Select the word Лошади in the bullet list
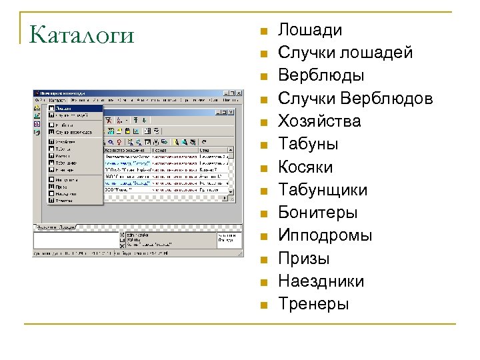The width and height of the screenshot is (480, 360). (x=310, y=30)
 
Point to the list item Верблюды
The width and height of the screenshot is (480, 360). (x=321, y=75)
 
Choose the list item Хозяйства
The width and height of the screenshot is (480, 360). (x=319, y=121)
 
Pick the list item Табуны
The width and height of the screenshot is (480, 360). (x=308, y=144)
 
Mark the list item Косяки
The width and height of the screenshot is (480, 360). (x=305, y=167)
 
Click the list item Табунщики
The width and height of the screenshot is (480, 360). (x=323, y=190)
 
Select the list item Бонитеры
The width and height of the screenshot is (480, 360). (x=318, y=213)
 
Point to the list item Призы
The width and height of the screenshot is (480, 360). (x=303, y=259)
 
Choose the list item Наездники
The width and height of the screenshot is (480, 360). (x=321, y=281)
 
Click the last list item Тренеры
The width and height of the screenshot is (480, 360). (x=313, y=304)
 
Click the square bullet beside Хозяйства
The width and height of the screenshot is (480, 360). (x=264, y=122)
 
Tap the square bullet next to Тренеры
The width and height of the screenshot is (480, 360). (x=264, y=305)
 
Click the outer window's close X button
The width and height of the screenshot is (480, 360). (x=238, y=93)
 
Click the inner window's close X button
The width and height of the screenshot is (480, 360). (x=231, y=111)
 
